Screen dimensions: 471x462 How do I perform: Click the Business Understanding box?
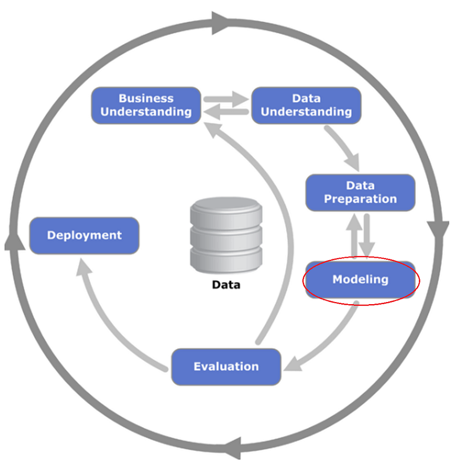146,105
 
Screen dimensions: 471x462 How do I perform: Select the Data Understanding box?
306,105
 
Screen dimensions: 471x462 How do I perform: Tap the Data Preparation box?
361,192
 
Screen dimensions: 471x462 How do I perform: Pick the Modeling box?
361,279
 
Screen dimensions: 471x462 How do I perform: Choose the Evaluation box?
226,366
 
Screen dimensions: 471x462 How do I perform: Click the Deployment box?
84,235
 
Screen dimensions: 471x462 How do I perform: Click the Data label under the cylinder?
226,285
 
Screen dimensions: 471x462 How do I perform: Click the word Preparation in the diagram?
361,199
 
